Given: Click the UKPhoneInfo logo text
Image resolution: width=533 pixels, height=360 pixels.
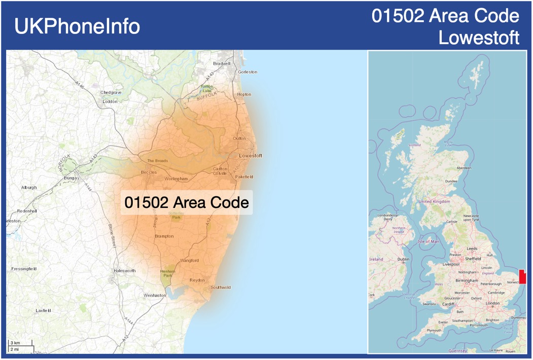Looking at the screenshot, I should click(x=77, y=26).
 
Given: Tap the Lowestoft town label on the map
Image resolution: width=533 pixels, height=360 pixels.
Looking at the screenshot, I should click(x=251, y=156).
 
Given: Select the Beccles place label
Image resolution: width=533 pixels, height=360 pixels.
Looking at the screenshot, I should click(x=149, y=172).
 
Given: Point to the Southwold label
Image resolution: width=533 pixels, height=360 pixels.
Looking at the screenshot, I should click(x=221, y=287).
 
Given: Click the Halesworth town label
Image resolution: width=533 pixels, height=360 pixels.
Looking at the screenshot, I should click(x=125, y=271).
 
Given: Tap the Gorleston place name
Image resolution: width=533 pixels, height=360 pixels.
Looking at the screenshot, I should click(x=247, y=72).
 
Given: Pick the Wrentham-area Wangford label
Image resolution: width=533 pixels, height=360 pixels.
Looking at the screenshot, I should click(x=189, y=261).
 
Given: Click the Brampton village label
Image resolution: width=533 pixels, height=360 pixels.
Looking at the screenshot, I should click(x=164, y=236).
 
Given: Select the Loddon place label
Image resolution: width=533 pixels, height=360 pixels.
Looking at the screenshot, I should click(x=110, y=101).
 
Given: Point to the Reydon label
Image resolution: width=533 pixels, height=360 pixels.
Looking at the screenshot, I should click(x=197, y=280).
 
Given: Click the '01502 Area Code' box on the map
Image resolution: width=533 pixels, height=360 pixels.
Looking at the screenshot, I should click(x=187, y=202).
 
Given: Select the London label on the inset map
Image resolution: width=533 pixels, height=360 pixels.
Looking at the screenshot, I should click(x=492, y=303).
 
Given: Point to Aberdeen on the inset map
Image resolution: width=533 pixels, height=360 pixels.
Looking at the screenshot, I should click(x=464, y=168).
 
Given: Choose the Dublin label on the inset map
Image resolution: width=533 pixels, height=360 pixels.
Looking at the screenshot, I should click(x=404, y=259).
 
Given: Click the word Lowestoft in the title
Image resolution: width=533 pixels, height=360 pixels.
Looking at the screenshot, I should click(x=479, y=38).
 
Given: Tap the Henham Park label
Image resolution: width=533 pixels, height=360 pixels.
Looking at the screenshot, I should click(x=167, y=273).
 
